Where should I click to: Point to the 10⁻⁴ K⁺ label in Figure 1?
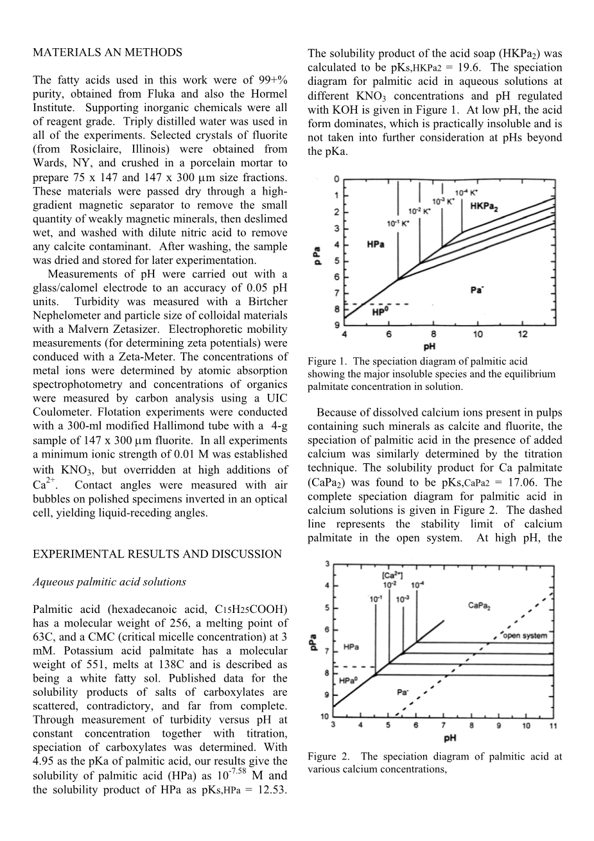(467, 191)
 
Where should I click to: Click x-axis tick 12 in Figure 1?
(523, 334)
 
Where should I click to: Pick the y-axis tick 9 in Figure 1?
(337, 324)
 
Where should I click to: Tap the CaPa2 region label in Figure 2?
(480, 605)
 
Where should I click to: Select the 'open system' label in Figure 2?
(525, 636)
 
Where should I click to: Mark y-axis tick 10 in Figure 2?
(325, 716)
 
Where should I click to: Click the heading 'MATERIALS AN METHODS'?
(107, 53)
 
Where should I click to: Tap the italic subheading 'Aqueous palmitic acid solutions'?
(109, 582)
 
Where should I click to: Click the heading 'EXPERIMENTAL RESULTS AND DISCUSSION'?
(157, 554)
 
